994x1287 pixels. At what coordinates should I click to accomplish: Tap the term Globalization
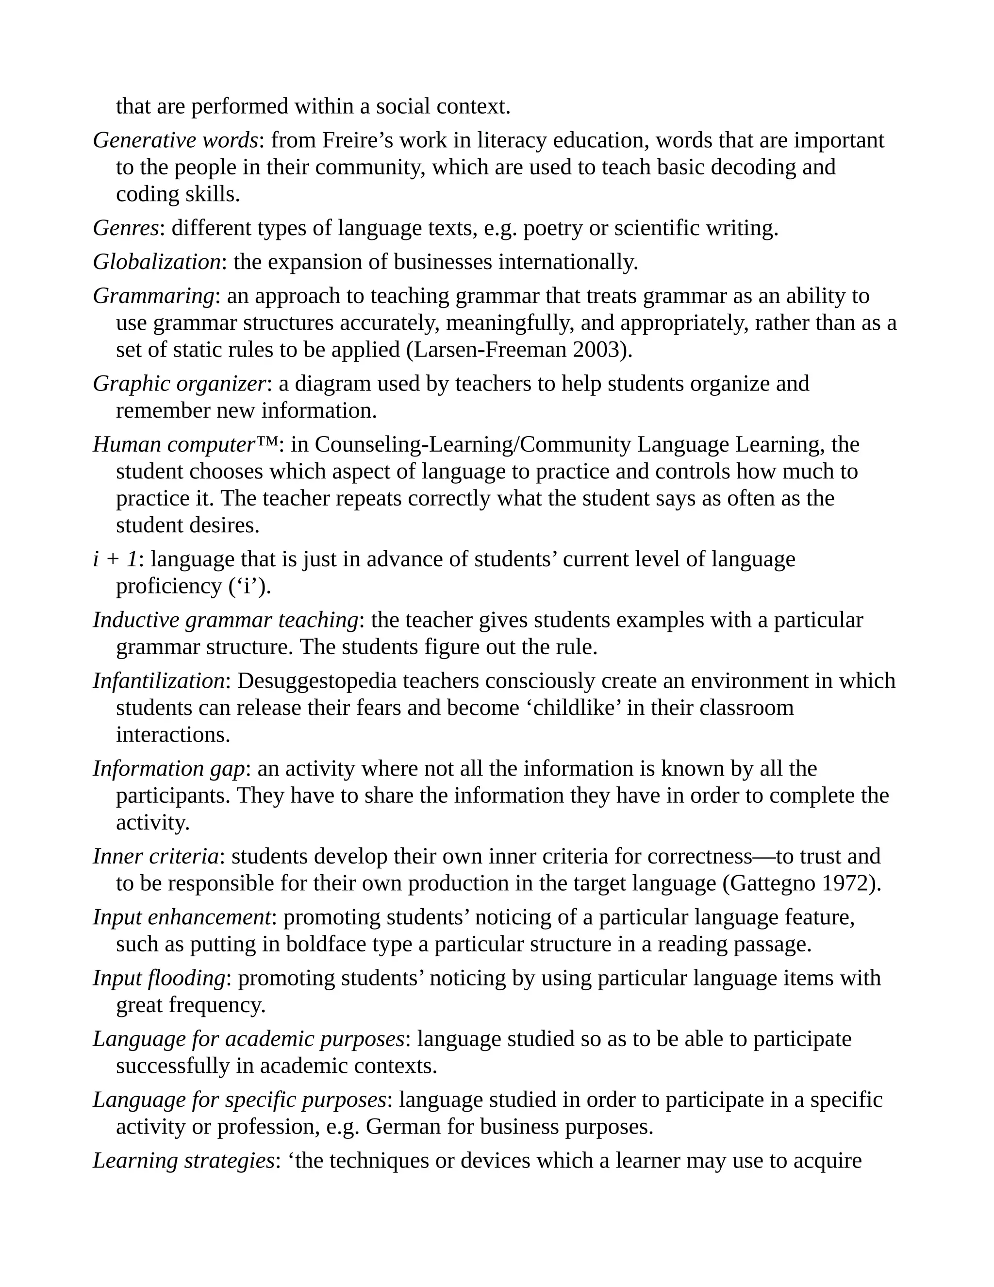click(157, 262)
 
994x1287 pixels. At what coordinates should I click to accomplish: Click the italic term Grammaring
click(153, 296)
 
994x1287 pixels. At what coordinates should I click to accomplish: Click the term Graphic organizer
click(180, 384)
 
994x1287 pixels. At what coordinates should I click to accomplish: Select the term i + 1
click(115, 559)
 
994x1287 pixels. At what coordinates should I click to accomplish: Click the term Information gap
click(168, 769)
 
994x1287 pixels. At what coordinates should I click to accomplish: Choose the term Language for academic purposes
click(248, 1039)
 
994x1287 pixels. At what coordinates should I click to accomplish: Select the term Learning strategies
click(183, 1161)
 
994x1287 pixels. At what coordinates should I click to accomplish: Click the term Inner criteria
click(155, 857)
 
